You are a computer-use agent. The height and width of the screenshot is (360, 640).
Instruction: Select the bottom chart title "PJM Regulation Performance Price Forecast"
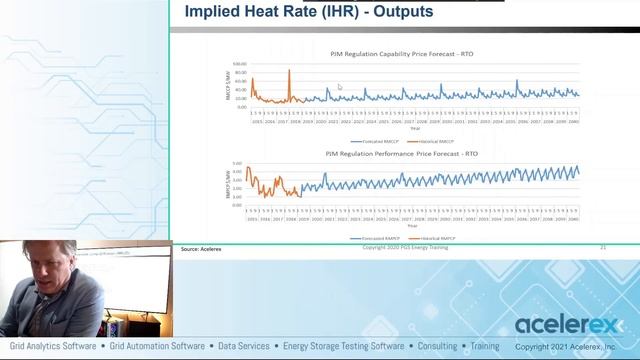(402, 154)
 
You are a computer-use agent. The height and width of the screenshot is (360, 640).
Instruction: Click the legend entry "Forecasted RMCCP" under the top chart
(377, 142)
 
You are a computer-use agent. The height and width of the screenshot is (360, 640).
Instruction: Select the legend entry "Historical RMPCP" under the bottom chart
(440, 239)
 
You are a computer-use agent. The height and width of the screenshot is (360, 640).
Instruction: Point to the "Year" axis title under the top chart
(414, 128)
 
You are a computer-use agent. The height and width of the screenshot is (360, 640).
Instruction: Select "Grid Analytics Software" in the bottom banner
(52, 347)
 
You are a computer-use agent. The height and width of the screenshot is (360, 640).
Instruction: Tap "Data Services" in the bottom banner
(244, 347)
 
